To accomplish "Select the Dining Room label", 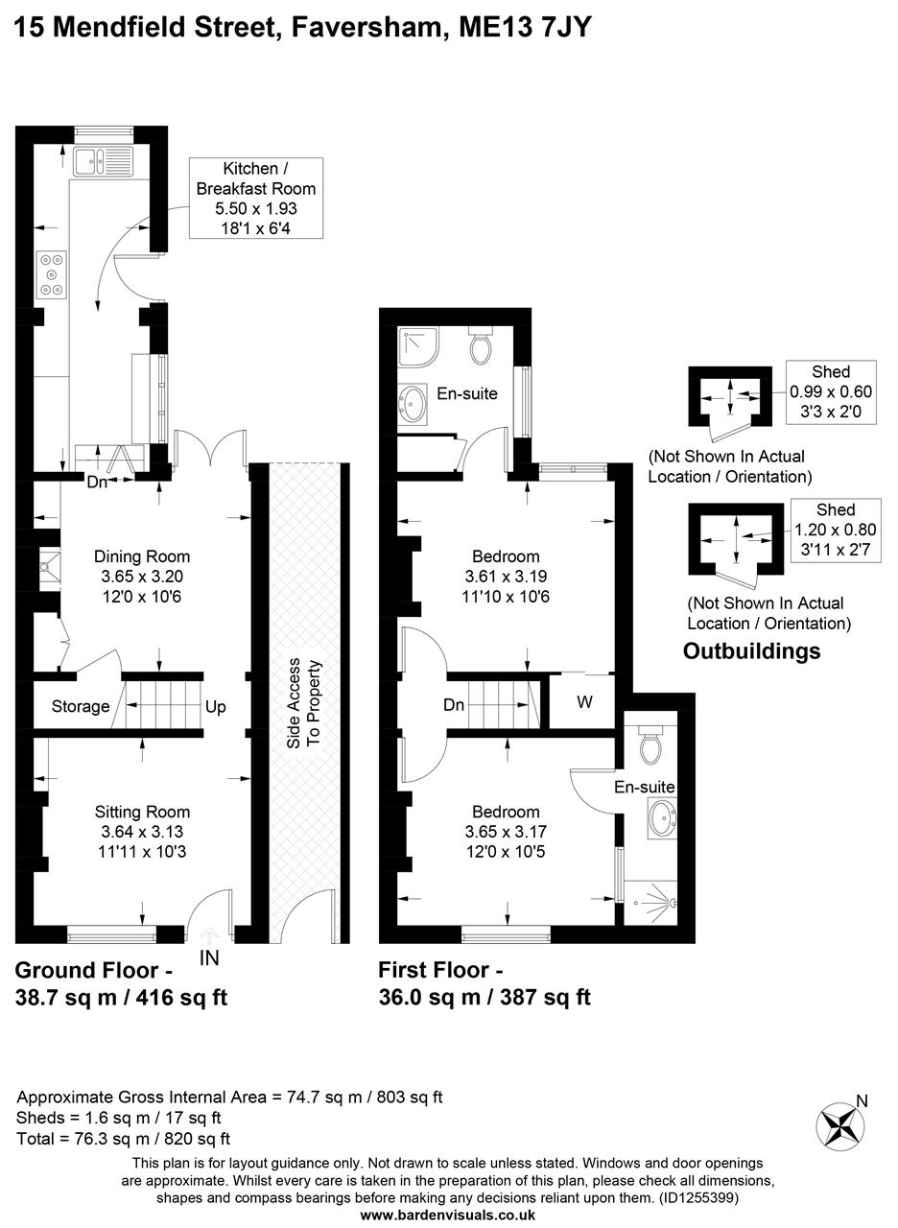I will tap(142, 556).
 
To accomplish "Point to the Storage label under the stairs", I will tap(81, 707).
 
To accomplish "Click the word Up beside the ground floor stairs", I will tap(215, 707).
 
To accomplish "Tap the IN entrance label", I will tap(209, 957).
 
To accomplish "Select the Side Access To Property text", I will tap(304, 703).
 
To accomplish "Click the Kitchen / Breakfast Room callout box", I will tap(255, 198).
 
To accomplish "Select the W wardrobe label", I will tap(584, 702).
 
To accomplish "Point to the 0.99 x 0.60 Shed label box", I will tap(831, 391).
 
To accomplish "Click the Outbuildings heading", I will tap(751, 651).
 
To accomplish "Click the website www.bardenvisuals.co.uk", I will tap(448, 1215).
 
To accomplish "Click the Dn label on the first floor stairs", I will tap(454, 705).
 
